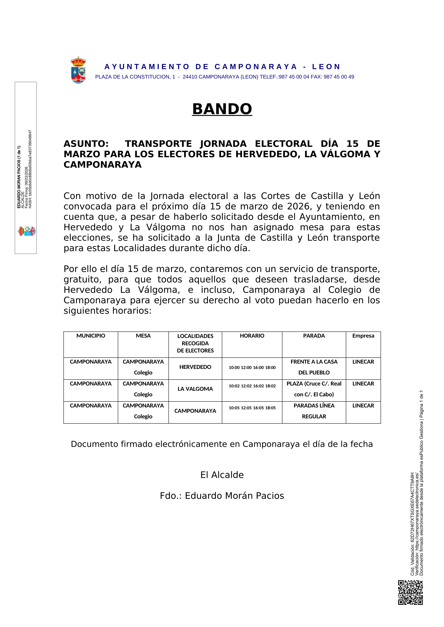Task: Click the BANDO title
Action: click(222, 109)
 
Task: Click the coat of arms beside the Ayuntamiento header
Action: click(78, 70)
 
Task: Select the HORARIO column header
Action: click(252, 336)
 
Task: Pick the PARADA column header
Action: click(314, 336)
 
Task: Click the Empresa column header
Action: click(363, 336)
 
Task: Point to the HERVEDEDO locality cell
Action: click(195, 367)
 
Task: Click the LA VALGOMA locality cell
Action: click(195, 389)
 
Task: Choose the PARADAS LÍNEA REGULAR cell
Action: click(314, 411)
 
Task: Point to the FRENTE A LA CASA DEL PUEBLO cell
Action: click(314, 367)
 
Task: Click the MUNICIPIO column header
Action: click(91, 336)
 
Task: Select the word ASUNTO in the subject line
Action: click(86, 144)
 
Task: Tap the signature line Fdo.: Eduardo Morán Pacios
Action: click(222, 496)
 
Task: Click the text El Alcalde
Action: click(222, 475)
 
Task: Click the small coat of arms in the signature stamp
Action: click(27, 231)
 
